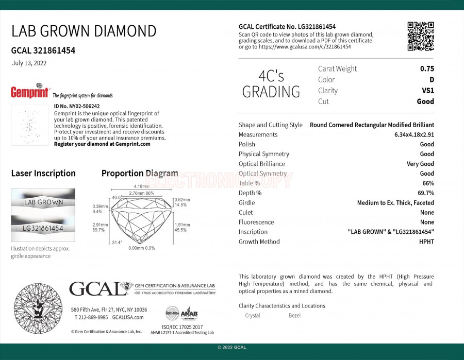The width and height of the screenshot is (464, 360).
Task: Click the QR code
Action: click(420, 36)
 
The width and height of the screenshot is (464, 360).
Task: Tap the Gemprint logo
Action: click(30, 91)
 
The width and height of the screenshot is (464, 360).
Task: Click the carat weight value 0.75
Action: click(427, 68)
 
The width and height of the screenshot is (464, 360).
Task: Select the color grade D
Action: click(432, 79)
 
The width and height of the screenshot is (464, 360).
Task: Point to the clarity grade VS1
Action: click(428, 91)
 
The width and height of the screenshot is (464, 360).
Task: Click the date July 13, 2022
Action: click(29, 63)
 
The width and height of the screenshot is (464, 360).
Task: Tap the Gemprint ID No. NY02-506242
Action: click(77, 106)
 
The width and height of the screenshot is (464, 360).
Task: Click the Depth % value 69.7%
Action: click(425, 193)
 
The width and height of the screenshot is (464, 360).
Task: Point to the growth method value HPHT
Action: click(426, 242)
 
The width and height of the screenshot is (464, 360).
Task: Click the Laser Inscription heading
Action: click(43, 174)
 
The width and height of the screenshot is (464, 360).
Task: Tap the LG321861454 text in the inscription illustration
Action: click(43, 228)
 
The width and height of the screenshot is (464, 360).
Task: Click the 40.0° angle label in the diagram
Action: click(117, 197)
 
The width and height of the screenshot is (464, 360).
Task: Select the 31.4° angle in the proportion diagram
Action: click(117, 243)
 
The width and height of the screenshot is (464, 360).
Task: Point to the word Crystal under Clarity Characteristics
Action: click(253, 315)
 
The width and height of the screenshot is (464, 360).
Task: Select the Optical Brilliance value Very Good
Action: click(420, 164)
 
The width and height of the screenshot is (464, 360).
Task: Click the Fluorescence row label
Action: click(256, 222)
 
